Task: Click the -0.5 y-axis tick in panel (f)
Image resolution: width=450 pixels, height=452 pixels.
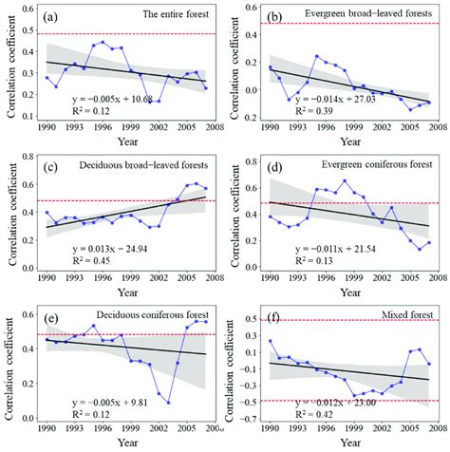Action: coord(253,401)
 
